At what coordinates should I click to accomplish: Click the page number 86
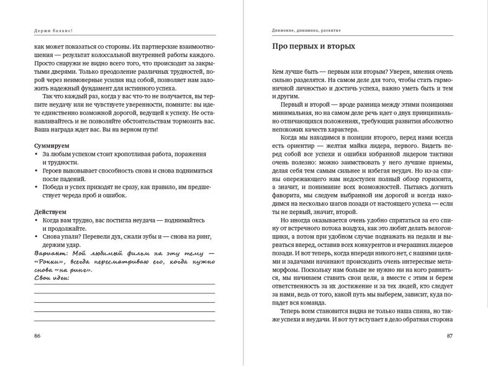pyautogui.click(x=37, y=336)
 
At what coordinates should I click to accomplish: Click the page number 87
pyautogui.click(x=450, y=336)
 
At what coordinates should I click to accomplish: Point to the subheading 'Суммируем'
pyautogui.click(x=52, y=144)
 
